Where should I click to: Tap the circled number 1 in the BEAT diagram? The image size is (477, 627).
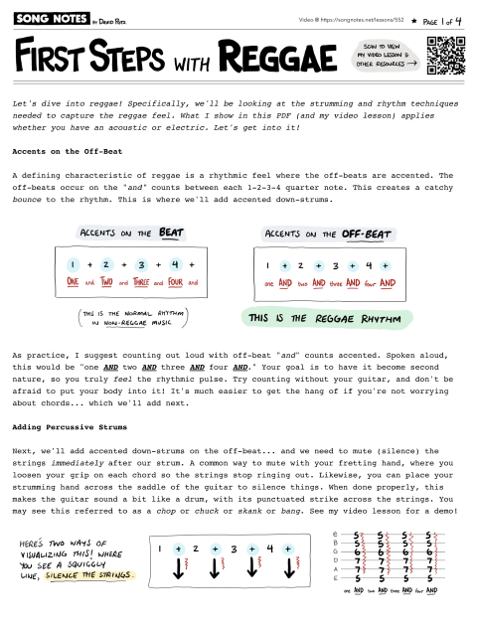73,265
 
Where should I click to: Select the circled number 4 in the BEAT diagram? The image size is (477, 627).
174,265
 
